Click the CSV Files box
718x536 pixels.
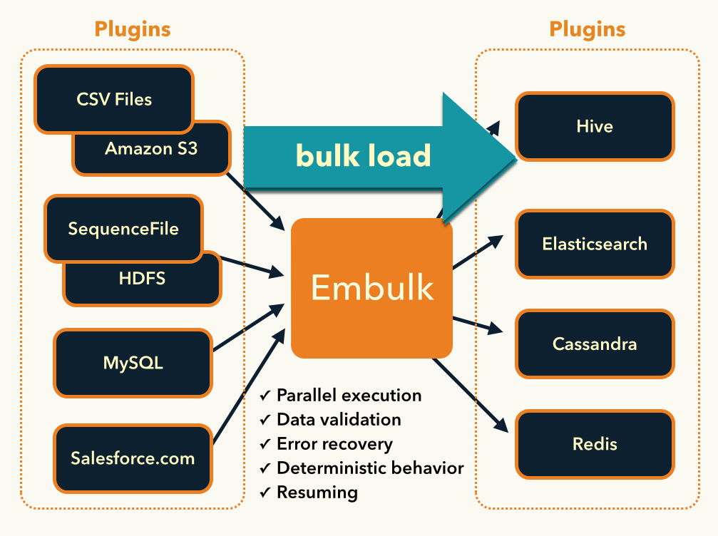click(x=114, y=99)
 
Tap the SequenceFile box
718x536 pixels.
click(x=123, y=229)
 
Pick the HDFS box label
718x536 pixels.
click(x=143, y=278)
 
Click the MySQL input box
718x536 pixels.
click(x=133, y=362)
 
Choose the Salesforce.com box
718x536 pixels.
click(x=133, y=458)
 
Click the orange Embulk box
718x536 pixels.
click(x=371, y=287)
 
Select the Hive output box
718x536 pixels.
click(x=595, y=126)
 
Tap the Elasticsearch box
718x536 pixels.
click(x=595, y=244)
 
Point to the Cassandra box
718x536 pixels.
click(x=595, y=344)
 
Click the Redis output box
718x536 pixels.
click(x=595, y=444)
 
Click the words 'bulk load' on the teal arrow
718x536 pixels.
click(x=364, y=155)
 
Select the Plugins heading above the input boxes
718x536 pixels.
click(x=133, y=29)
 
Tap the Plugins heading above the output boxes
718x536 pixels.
click(x=588, y=29)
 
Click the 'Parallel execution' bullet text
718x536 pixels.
click(x=349, y=395)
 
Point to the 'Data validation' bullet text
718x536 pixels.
click(x=339, y=419)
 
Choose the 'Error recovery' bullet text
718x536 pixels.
click(x=334, y=444)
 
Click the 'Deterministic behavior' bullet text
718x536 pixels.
click(x=370, y=468)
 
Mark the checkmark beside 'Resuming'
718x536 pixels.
click(x=265, y=493)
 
